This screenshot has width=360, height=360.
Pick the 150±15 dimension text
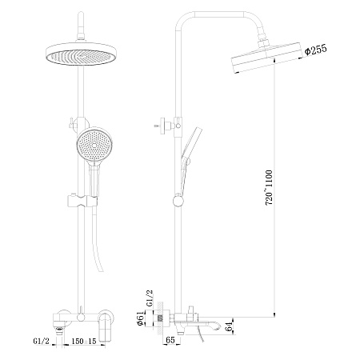point(82,342)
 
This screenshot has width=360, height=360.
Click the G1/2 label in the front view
point(42,342)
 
